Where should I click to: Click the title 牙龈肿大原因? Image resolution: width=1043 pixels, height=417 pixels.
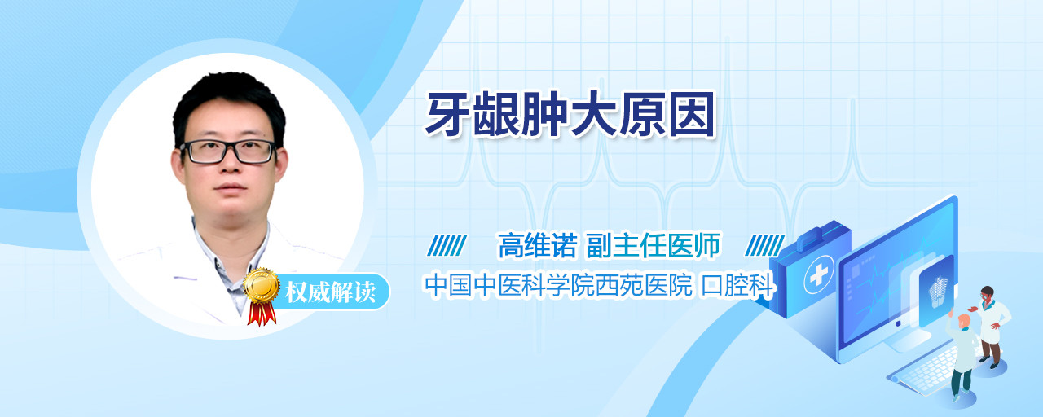pyautogui.click(x=570, y=115)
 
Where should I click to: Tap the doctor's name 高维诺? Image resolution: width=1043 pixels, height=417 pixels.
pyautogui.click(x=537, y=245)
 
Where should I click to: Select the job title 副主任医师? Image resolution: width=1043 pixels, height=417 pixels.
pyautogui.click(x=653, y=245)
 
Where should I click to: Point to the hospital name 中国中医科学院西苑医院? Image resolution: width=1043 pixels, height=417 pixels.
pyautogui.click(x=558, y=285)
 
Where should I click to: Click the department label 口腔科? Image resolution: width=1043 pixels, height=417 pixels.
pyautogui.click(x=737, y=285)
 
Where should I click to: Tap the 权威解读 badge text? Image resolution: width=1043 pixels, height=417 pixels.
pyautogui.click(x=330, y=292)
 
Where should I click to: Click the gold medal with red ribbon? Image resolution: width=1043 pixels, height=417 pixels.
pyautogui.click(x=262, y=296)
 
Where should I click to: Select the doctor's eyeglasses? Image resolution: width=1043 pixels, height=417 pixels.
pyautogui.click(x=229, y=151)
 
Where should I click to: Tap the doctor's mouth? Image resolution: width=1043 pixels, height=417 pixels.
pyautogui.click(x=230, y=188)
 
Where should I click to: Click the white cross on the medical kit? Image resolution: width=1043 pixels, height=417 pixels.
pyautogui.click(x=819, y=274)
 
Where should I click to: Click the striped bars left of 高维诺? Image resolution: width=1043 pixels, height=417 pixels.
pyautogui.click(x=447, y=246)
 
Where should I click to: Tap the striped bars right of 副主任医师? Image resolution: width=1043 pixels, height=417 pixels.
pyautogui.click(x=764, y=246)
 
